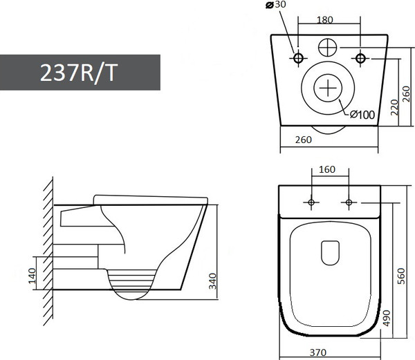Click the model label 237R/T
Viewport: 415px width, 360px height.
coord(80,72)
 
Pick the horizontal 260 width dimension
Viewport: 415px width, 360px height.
coord(303,140)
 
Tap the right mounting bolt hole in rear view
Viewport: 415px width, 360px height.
coord(360,57)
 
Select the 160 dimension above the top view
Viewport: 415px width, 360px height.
coord(328,170)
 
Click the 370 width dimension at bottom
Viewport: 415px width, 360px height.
coord(318,352)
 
